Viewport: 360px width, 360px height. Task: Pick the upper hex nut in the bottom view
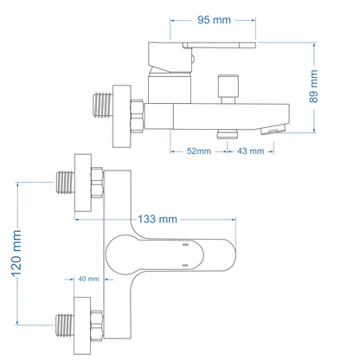click(97, 183)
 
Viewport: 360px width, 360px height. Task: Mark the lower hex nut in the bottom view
click(97, 327)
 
